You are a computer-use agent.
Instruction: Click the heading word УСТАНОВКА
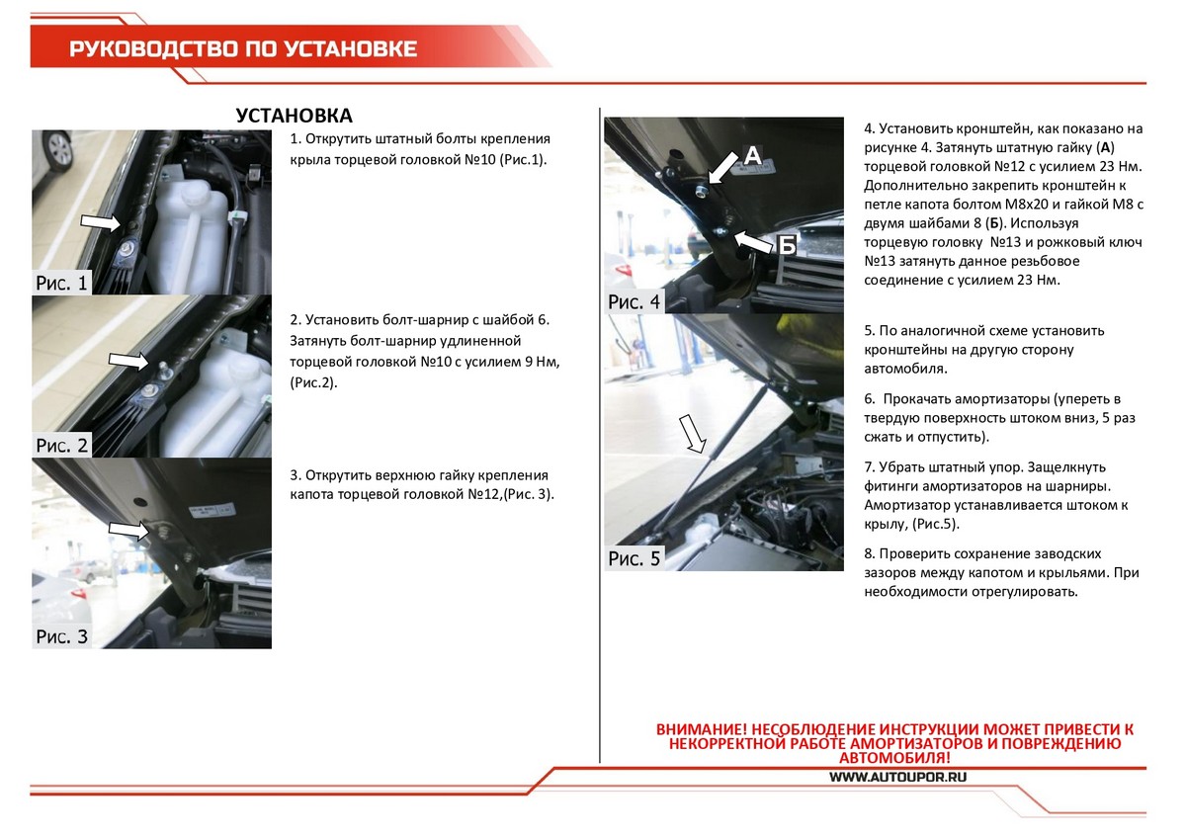(x=295, y=116)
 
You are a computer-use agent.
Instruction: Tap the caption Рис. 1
(x=62, y=284)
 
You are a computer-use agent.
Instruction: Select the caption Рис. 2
(x=62, y=445)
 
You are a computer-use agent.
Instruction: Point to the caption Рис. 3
(x=62, y=636)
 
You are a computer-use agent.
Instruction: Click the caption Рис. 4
(x=635, y=301)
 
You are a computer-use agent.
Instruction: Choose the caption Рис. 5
(x=635, y=559)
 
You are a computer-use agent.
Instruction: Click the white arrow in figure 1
(x=98, y=220)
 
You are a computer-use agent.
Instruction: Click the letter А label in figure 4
(x=751, y=154)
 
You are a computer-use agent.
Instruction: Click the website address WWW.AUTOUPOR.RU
(x=897, y=777)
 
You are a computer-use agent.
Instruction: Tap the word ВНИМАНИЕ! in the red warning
(x=703, y=729)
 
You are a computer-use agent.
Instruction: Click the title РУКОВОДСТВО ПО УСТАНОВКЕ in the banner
(x=243, y=49)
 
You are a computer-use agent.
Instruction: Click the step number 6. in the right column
(x=870, y=398)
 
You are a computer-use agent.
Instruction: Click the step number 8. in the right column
(x=870, y=553)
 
